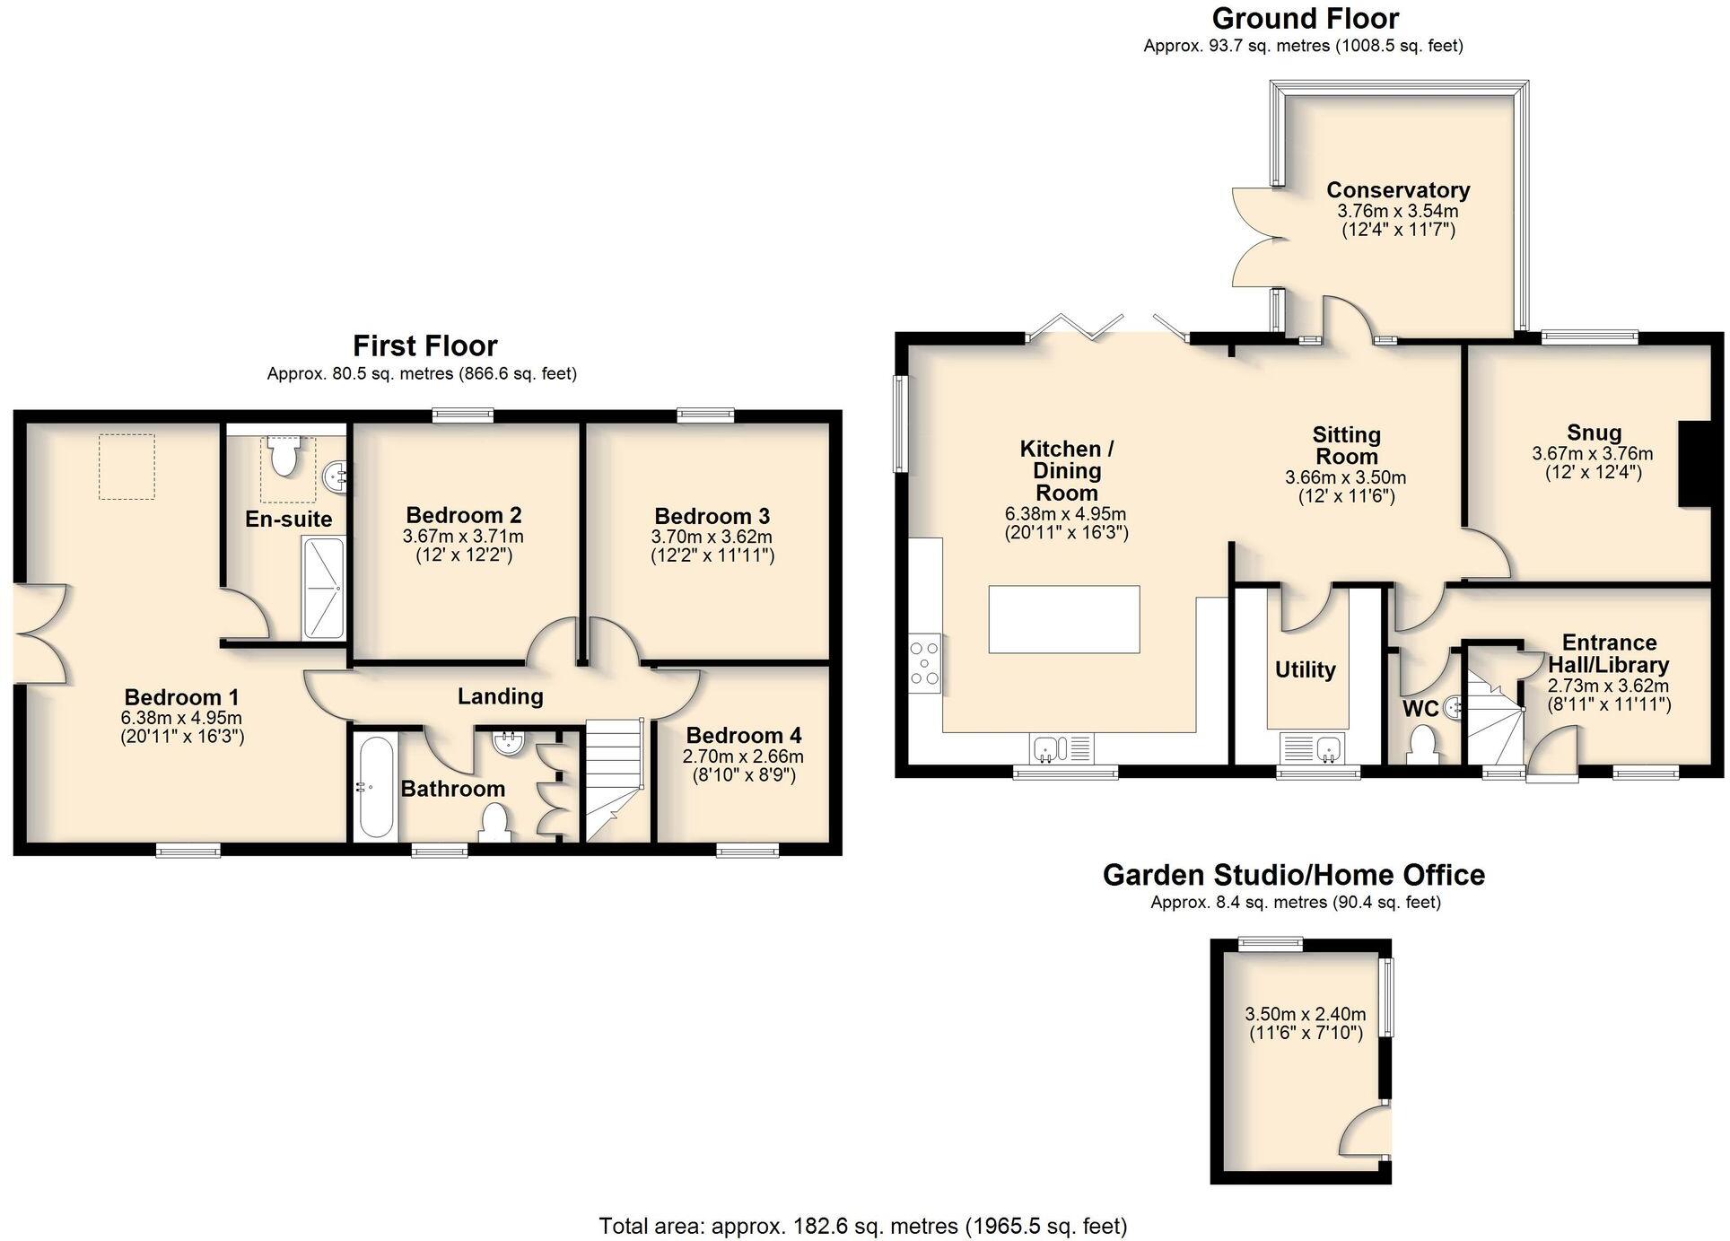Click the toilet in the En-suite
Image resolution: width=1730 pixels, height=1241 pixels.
[x=284, y=455]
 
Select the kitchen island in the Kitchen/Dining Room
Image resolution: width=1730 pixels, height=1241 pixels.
[x=1063, y=619]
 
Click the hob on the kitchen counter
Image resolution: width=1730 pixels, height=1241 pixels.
[x=924, y=664]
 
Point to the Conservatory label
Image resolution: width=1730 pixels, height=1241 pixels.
[x=1397, y=190]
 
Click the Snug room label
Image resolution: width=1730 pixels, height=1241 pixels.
[x=1594, y=433]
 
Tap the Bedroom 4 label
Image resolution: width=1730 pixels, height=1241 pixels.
[x=743, y=736]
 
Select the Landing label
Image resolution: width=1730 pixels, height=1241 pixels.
[x=500, y=696]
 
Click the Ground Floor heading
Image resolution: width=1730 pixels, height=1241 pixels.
[x=1305, y=18]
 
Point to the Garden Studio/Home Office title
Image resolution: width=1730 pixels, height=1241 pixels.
[x=1293, y=875]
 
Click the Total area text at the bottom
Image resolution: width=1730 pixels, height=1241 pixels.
[x=862, y=1225]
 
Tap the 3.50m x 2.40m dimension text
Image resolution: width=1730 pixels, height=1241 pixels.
[x=1305, y=1014]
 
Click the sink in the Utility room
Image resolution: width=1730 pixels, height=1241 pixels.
[x=1328, y=747]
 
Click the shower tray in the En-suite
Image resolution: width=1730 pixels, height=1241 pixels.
[x=323, y=588]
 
